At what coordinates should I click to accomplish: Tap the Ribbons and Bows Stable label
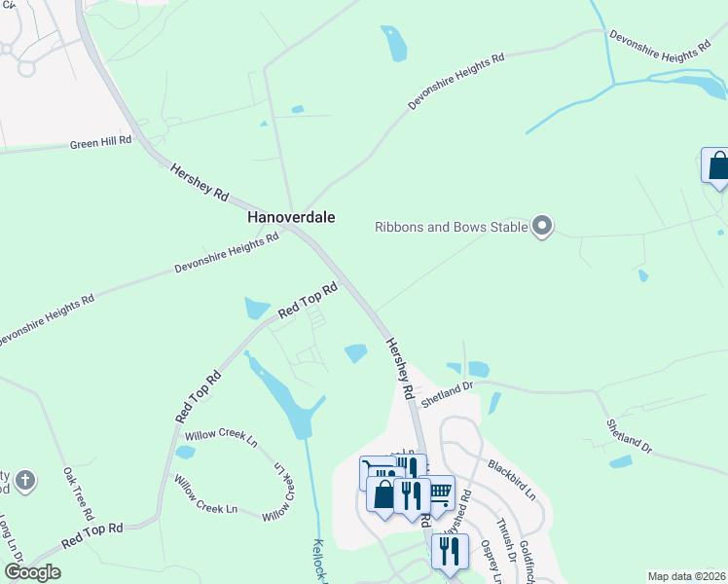452,228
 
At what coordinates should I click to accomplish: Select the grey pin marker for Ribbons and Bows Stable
543,227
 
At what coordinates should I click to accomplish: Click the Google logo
31,572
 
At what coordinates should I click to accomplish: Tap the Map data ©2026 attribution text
687,576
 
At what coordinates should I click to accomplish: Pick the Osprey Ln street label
489,563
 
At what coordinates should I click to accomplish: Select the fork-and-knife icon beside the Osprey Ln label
450,551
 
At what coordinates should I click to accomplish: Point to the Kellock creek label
318,561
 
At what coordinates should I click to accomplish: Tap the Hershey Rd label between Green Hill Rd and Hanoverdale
200,182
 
